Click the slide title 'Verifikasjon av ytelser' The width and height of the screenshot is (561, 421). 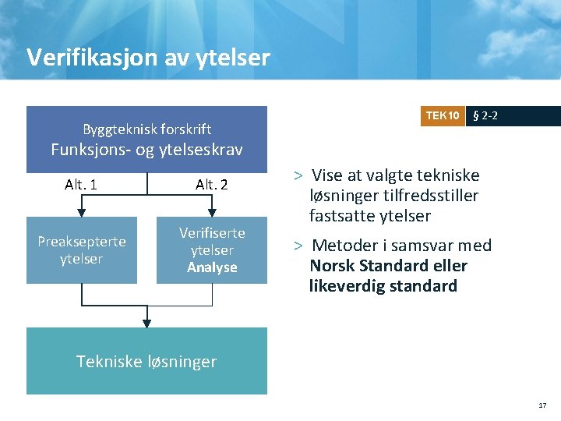click(148, 57)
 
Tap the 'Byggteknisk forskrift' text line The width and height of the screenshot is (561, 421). click(147, 129)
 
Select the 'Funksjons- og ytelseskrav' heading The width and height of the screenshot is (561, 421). click(146, 150)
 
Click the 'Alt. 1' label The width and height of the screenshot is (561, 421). click(81, 185)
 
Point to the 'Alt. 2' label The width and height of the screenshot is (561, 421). click(211, 185)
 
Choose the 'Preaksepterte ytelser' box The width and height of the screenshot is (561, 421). click(82, 250)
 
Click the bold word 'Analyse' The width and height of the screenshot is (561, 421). click(212, 267)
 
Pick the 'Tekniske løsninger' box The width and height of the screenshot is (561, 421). click(146, 361)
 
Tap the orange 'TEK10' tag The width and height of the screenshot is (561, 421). click(442, 116)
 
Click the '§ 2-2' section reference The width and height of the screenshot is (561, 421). click(486, 116)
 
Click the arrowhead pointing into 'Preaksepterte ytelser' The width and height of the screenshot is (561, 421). click(81, 212)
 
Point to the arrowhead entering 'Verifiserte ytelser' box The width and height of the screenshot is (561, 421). click(212, 212)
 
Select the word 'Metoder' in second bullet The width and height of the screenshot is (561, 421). click(344, 246)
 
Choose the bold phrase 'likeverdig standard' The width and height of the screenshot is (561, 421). click(383, 286)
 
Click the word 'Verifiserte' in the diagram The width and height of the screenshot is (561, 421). click(212, 233)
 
